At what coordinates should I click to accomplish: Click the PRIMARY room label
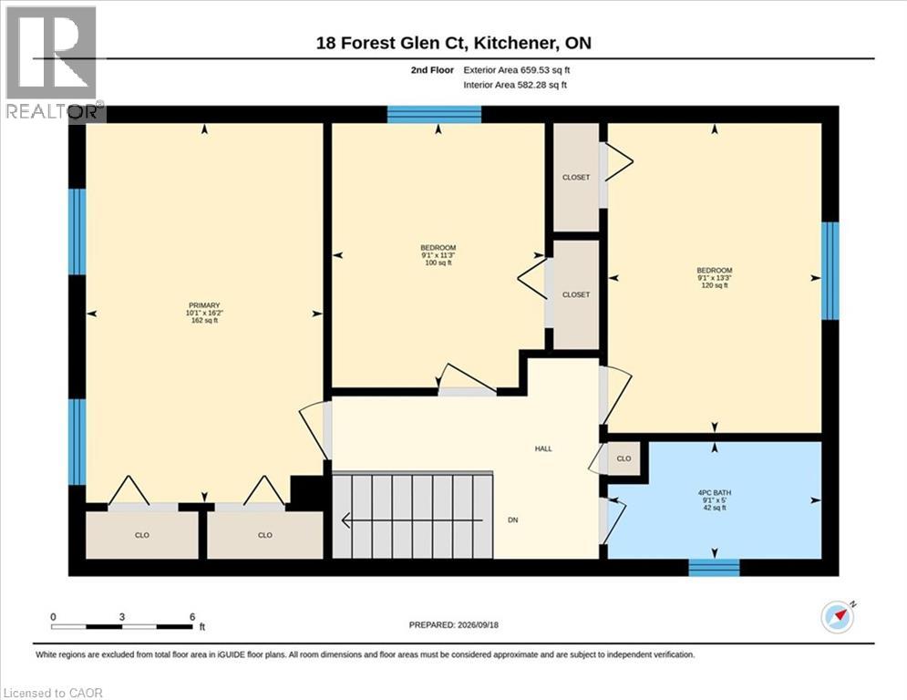coord(204,305)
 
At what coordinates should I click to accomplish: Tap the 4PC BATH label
coord(715,493)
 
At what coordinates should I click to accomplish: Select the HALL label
coord(543,448)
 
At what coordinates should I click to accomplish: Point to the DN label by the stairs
coord(512,520)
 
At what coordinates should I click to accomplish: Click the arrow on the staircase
coord(412,520)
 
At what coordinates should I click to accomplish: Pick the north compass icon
coord(838,617)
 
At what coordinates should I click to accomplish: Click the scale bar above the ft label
coord(122,626)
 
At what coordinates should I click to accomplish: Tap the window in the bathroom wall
coord(714,568)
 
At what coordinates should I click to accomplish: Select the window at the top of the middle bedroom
coord(434,115)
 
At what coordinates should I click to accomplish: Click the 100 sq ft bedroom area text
coord(438,262)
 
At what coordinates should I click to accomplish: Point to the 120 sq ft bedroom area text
coord(715,285)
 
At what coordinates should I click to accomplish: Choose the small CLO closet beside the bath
coord(624,458)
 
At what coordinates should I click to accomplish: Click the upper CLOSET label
coord(576,178)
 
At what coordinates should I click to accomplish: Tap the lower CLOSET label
coord(576,295)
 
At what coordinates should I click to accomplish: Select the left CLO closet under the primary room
coord(141,535)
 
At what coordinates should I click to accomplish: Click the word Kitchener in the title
coord(515,44)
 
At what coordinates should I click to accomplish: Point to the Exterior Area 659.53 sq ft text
coord(517,70)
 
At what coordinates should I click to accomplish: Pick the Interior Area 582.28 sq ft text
coord(515,85)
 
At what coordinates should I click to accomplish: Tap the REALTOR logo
coord(53,63)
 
